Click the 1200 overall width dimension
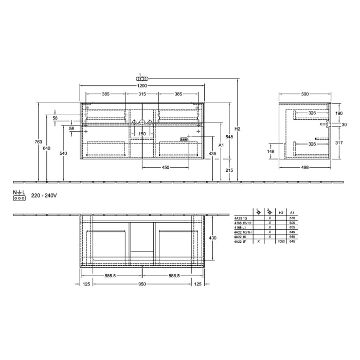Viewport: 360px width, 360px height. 142,85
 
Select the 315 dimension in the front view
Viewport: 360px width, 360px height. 142,94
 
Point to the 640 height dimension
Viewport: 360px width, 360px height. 47,148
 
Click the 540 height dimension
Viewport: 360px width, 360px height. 64,153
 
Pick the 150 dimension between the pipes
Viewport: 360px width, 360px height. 142,134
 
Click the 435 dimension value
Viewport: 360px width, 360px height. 212,154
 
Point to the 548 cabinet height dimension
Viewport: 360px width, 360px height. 229,137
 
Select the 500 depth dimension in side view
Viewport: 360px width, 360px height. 305,94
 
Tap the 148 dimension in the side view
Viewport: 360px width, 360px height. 271,151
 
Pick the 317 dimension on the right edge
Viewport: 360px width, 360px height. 339,143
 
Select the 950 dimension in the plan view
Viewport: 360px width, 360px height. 142,284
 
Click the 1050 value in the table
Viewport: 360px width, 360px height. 281,241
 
